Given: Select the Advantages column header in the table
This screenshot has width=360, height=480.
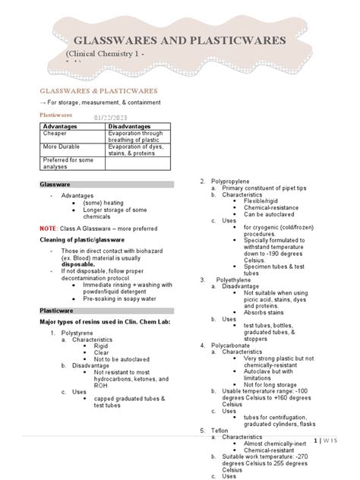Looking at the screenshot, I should tap(66, 125).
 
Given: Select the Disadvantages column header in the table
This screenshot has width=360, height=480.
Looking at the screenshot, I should tap(140, 125).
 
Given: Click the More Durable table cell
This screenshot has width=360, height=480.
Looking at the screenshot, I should tap(62, 146).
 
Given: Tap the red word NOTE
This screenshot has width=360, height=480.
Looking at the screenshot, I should tap(48, 229).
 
